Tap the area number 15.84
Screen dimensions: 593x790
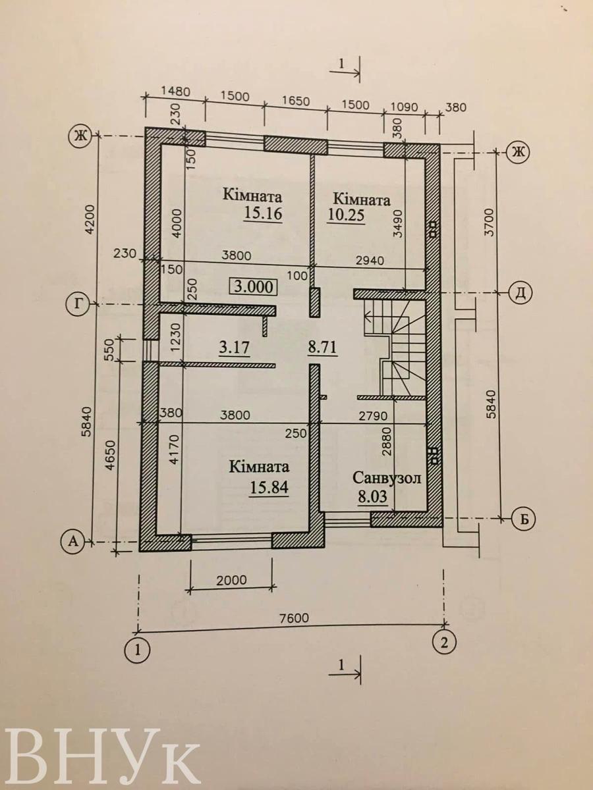point(269,487)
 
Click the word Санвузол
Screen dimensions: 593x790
point(387,479)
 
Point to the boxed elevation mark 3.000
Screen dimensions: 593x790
point(254,287)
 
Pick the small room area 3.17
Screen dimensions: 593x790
point(235,348)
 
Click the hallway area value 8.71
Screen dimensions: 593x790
point(322,348)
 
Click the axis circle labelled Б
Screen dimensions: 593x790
point(524,519)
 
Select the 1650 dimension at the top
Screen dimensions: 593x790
point(296,101)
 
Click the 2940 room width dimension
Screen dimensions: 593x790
point(370,260)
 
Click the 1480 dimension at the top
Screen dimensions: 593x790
point(175,92)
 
